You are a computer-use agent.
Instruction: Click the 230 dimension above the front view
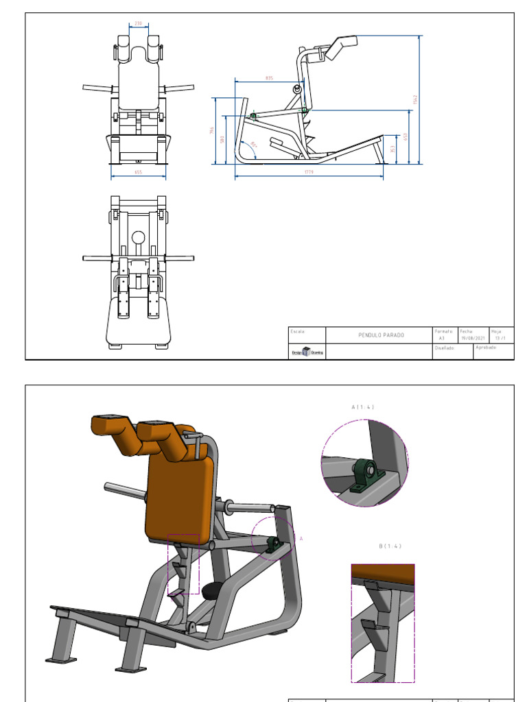pyautogui.click(x=138, y=23)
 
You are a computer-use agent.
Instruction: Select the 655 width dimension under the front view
pyautogui.click(x=138, y=173)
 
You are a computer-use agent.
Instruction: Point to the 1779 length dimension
pyautogui.click(x=308, y=173)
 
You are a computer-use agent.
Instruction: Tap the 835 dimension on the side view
pyautogui.click(x=269, y=78)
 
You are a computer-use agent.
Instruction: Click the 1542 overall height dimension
pyautogui.click(x=415, y=99)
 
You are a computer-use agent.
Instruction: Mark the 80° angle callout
pyautogui.click(x=253, y=145)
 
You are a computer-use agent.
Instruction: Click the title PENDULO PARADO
pyautogui.click(x=382, y=335)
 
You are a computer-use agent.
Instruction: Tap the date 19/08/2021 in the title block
pyautogui.click(x=472, y=338)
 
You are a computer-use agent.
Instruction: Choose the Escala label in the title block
pyautogui.click(x=298, y=330)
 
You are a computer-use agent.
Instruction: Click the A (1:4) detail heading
pyautogui.click(x=362, y=407)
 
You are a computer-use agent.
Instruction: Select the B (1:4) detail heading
pyautogui.click(x=389, y=546)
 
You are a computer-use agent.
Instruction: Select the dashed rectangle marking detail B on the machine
pyautogui.click(x=183, y=564)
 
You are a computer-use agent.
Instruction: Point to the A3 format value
pyautogui.click(x=442, y=338)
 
